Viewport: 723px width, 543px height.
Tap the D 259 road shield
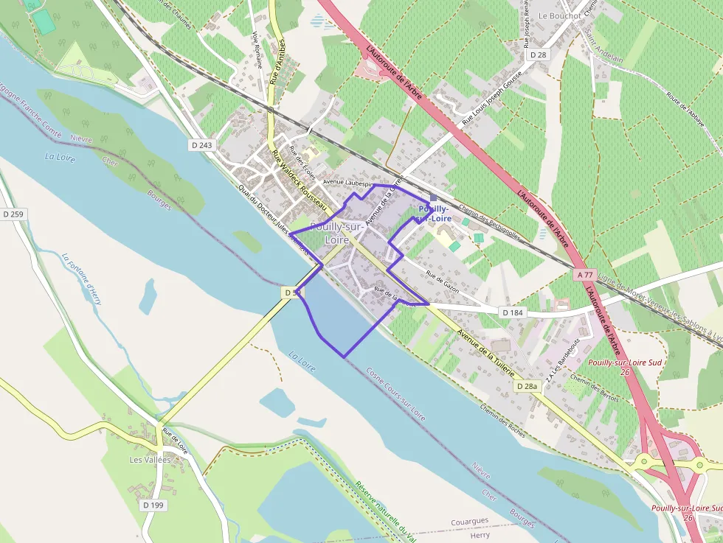point(13,214)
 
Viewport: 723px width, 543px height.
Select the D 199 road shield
point(153,505)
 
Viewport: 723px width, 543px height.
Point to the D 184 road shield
point(513,312)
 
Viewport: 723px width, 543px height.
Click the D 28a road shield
point(527,386)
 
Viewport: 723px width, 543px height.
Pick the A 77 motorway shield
point(585,274)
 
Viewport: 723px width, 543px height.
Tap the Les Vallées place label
point(150,460)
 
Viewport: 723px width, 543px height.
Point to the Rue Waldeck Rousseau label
point(300,181)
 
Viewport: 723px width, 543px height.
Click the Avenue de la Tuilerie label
point(485,353)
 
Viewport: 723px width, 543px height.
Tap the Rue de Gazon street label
point(442,282)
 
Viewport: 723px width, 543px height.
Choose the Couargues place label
point(469,521)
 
